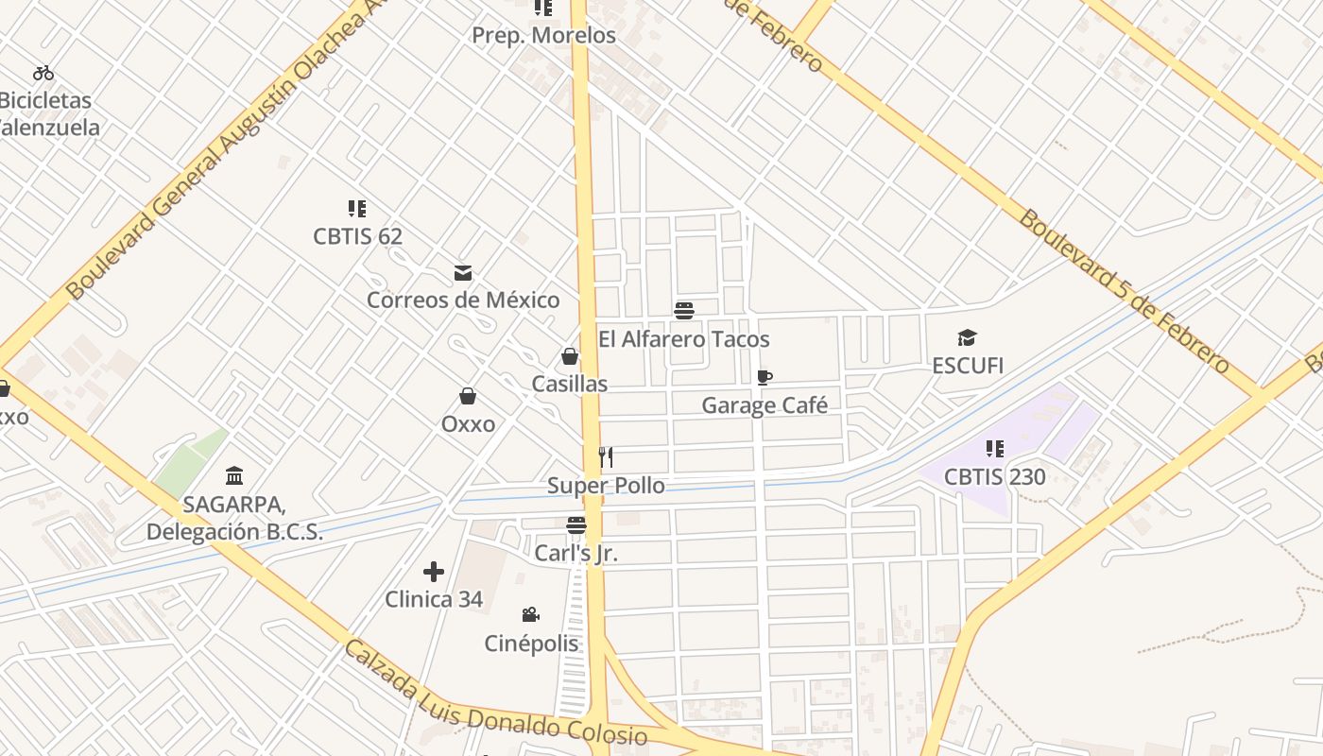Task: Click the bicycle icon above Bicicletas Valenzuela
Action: click(x=43, y=73)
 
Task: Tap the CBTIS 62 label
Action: click(x=357, y=236)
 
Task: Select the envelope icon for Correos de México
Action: click(x=463, y=273)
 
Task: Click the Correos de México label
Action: click(x=463, y=301)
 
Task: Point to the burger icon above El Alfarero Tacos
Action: click(x=684, y=311)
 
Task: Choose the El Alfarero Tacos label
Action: click(x=684, y=339)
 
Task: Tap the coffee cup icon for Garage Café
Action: click(x=765, y=378)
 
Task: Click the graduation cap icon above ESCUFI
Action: click(x=967, y=337)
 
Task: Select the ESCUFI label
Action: click(x=968, y=366)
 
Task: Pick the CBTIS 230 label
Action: click(x=994, y=477)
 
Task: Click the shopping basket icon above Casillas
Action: click(x=570, y=356)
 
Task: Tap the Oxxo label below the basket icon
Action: click(x=468, y=424)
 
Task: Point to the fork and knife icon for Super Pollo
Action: click(x=606, y=457)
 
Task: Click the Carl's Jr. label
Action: click(x=576, y=553)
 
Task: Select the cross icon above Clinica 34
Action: click(x=434, y=572)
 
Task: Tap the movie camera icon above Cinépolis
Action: click(x=531, y=615)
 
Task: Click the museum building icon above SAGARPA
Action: click(x=234, y=475)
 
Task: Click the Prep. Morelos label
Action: click(x=543, y=36)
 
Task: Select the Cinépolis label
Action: click(x=531, y=644)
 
